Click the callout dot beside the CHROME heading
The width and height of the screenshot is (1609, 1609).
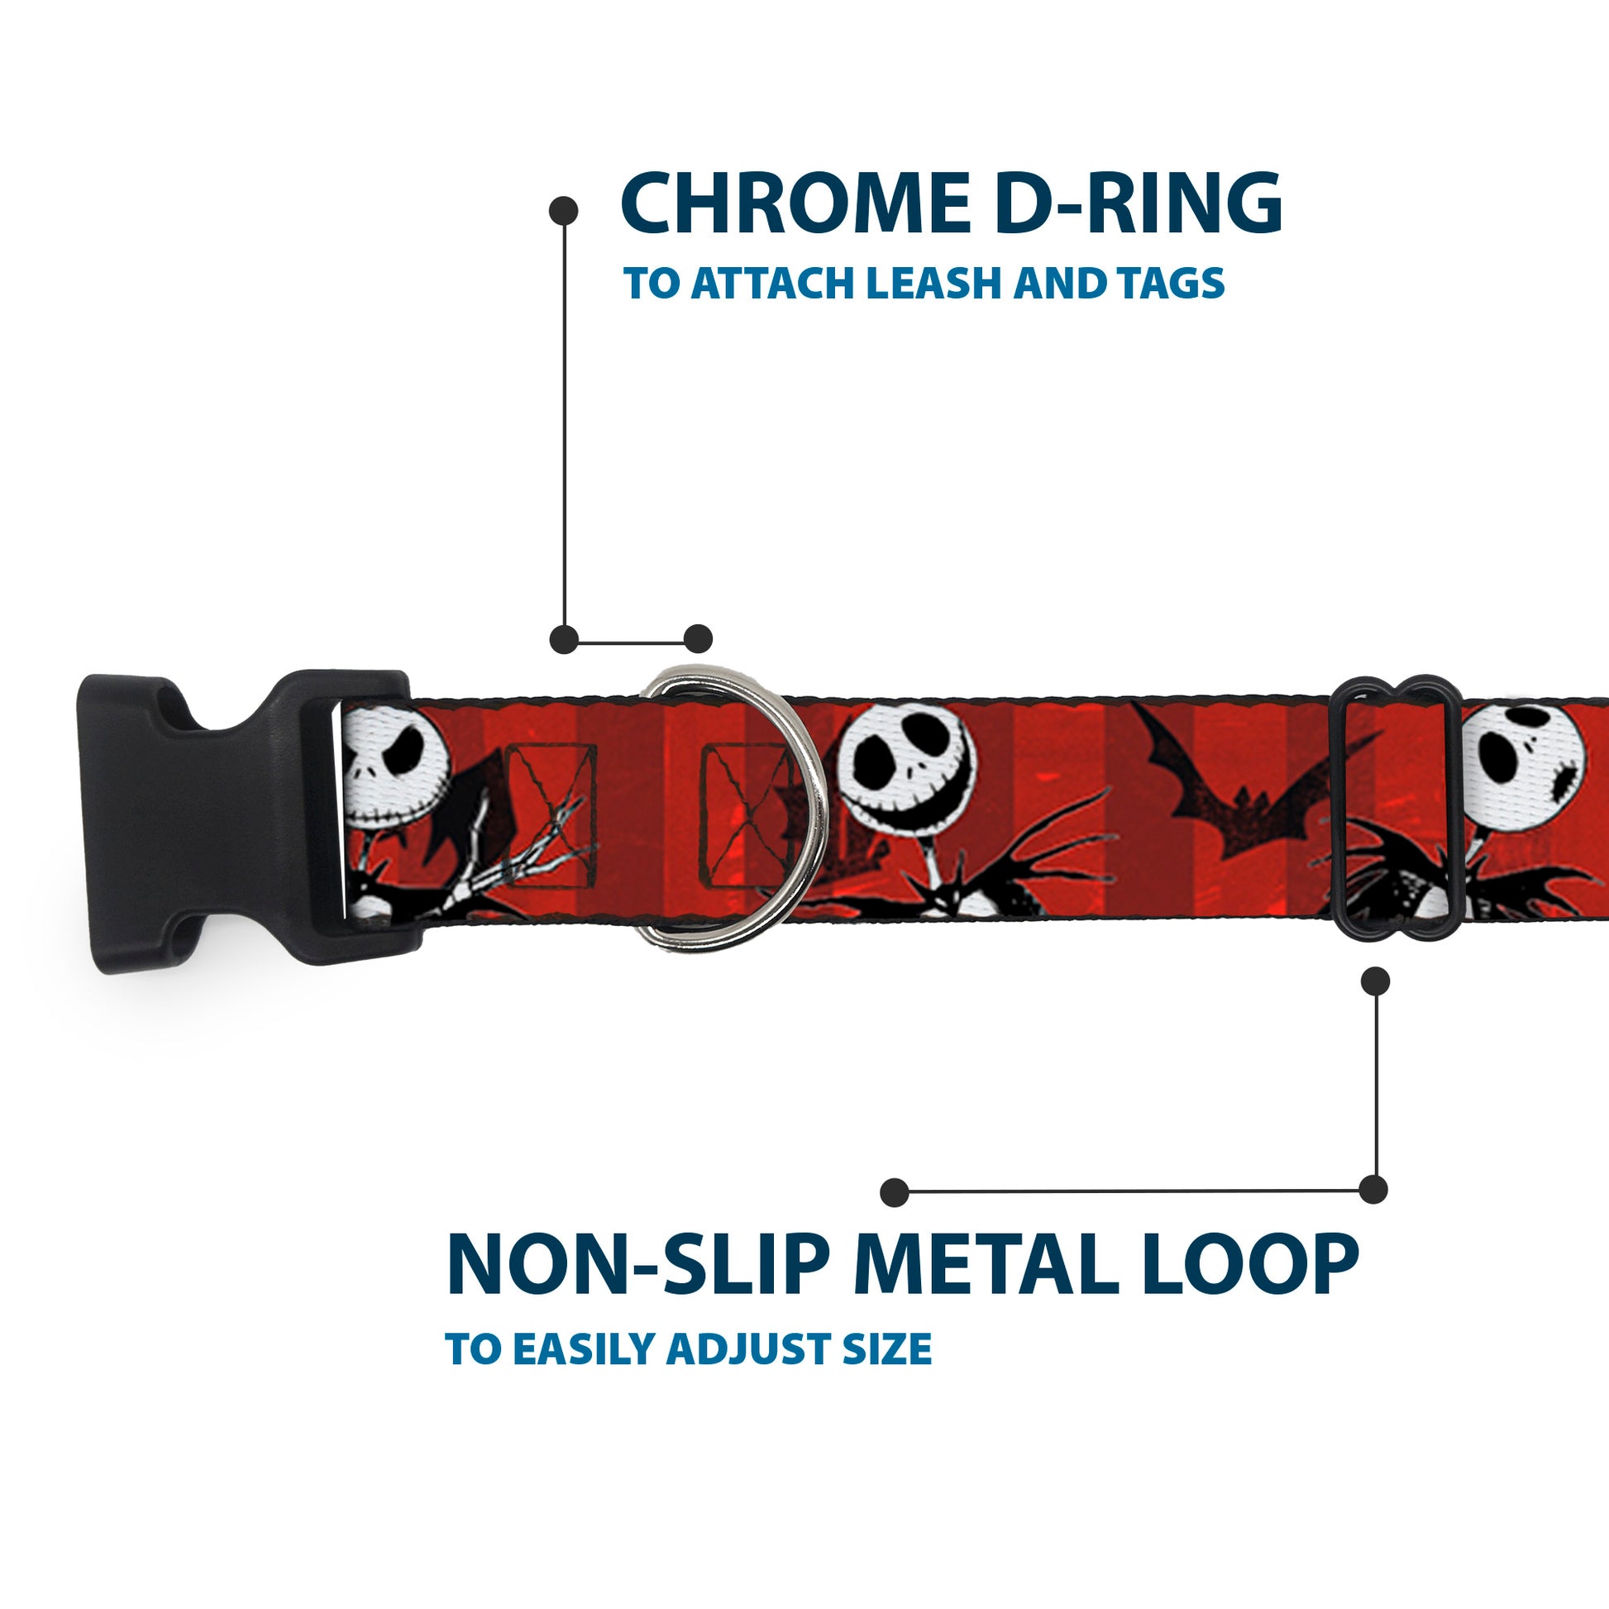[x=564, y=210]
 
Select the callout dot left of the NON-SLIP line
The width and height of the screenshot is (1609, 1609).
[x=894, y=1192]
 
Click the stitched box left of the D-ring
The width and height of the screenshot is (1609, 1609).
[x=551, y=804]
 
